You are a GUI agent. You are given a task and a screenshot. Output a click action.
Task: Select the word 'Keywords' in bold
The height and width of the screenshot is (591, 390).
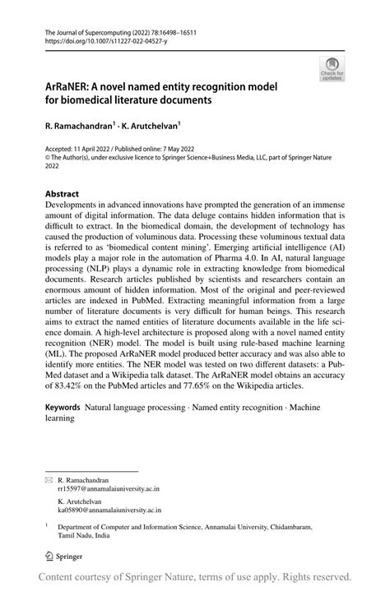click(x=63, y=407)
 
